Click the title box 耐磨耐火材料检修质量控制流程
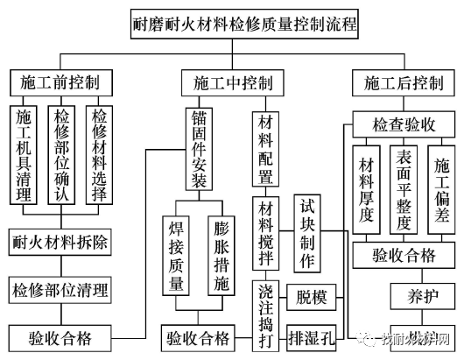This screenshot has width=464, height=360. coord(232,23)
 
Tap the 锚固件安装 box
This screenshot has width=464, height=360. coord(198,150)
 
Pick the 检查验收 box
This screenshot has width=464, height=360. coord(405,124)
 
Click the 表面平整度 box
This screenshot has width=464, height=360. coord(405,189)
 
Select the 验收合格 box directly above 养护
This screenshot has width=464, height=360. coord(405,256)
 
